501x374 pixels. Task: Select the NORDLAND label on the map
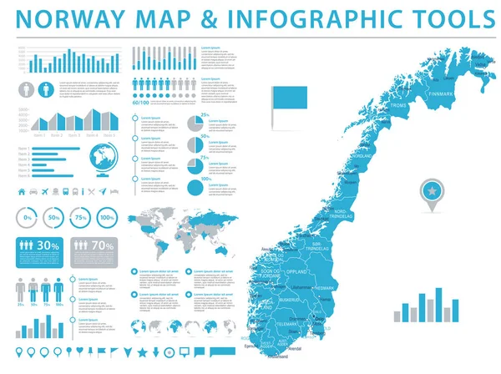click(362, 156)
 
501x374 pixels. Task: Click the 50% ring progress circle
click(54, 218)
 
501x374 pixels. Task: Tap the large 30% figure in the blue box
click(48, 246)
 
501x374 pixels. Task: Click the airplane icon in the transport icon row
click(104, 192)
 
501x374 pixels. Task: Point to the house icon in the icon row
click(22, 192)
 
